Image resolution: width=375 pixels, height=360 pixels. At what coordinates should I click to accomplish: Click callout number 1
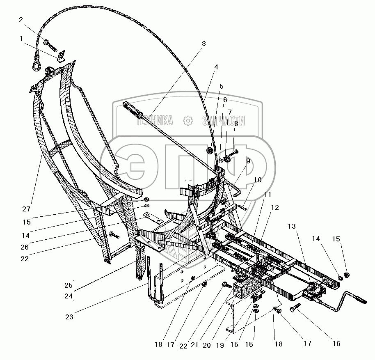pos(21,39)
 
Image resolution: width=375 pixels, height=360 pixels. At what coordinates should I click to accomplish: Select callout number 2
pos(21,20)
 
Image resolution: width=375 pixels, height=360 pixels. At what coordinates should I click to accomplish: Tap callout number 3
pos(204,43)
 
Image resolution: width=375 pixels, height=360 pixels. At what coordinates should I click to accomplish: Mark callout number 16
pos(336,344)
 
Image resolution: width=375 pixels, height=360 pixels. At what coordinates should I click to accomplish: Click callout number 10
pos(257,180)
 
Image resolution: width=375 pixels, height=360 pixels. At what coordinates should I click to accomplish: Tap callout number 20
pos(206,345)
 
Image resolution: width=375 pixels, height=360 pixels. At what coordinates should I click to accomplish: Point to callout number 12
pos(274,207)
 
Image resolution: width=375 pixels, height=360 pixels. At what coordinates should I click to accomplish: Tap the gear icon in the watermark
pos(188,121)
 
